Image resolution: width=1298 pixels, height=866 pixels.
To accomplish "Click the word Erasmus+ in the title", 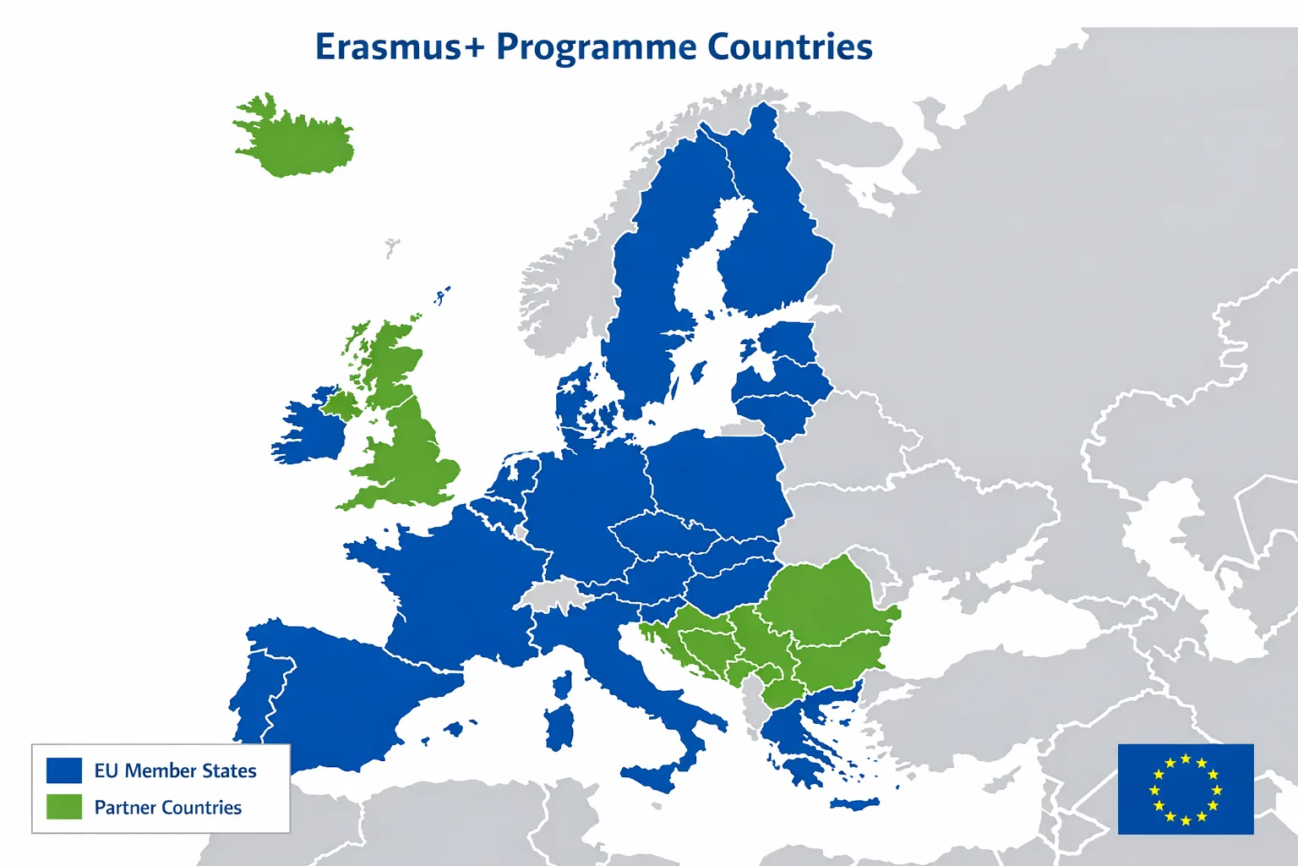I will tap(399, 47).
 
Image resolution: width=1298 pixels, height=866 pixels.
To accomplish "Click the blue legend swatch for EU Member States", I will tap(64, 770).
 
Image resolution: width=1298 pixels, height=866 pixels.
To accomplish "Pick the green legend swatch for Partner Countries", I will tap(64, 807).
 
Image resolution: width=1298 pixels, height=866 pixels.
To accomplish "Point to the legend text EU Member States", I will tap(175, 770).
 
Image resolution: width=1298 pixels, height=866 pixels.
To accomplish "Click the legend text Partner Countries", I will tap(167, 808).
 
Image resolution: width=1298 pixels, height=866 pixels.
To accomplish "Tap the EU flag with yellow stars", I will tap(1185, 789).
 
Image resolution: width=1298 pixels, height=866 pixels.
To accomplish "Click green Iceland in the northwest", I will tap(296, 140).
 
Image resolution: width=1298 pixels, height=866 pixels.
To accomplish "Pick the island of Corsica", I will tap(563, 686).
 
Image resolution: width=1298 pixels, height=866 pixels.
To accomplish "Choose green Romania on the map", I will tap(824, 596).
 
